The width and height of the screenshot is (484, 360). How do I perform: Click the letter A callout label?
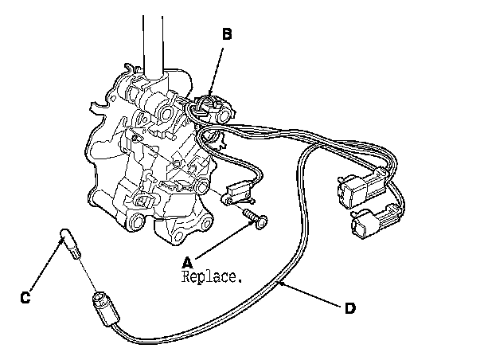click(x=187, y=262)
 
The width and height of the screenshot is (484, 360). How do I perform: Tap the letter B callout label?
click(x=227, y=34)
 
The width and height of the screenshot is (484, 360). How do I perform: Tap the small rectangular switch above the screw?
click(x=238, y=192)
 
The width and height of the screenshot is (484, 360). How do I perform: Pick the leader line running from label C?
click(x=44, y=271)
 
